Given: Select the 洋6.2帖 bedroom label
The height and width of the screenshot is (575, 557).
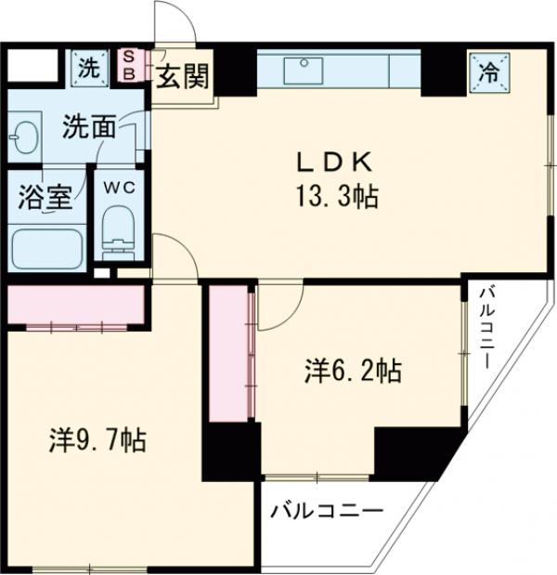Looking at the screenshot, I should (353, 372).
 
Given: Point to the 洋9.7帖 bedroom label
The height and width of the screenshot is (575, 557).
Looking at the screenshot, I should (97, 439).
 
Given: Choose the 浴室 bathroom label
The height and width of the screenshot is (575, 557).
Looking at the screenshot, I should (40, 197).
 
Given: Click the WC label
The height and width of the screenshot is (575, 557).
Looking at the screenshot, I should (118, 186).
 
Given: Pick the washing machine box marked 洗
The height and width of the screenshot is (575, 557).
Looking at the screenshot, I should (88, 67).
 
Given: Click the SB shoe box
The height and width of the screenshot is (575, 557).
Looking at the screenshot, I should (129, 65).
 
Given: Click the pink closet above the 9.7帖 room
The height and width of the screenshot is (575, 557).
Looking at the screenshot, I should (74, 305).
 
